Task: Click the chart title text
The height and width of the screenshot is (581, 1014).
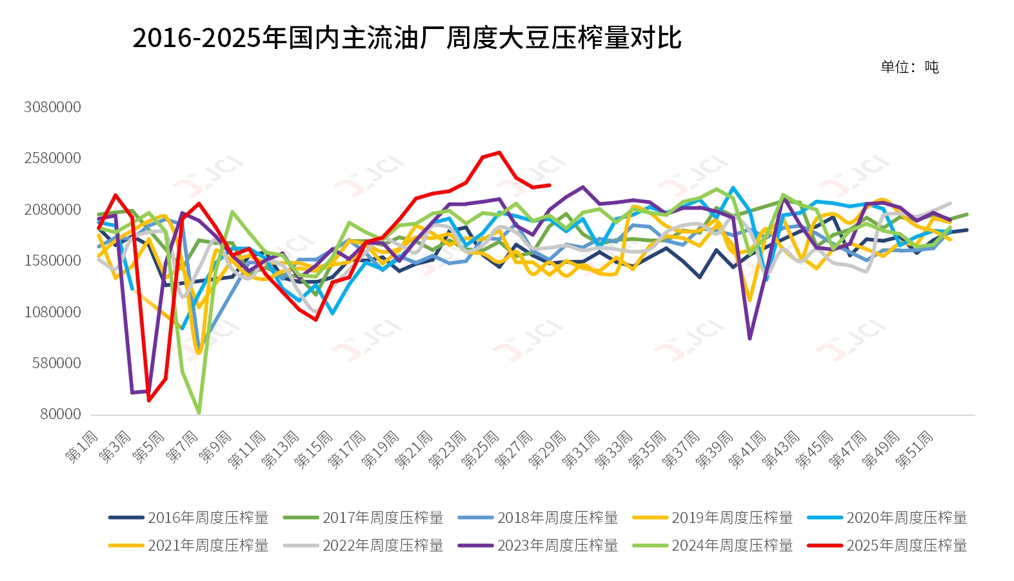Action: coord(406,38)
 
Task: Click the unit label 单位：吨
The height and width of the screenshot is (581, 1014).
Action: coord(909,67)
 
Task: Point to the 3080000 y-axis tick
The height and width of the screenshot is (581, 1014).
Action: coord(53,107)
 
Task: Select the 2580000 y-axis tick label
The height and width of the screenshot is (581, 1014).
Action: coord(53,158)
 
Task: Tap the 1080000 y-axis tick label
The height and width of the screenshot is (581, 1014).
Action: coord(53,312)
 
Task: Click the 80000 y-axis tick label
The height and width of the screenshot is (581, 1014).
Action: coord(61,414)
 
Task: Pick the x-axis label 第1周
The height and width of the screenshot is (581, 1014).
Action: coord(83,447)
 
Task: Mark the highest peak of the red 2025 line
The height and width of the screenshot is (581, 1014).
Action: coord(499,153)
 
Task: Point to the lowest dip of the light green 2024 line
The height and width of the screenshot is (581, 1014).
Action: coord(199,413)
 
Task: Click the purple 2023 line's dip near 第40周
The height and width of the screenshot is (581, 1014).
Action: coord(750,339)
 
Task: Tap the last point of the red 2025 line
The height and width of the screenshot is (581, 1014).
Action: coord(550,185)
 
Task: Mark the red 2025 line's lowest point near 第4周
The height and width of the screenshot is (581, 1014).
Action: coord(149,400)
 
